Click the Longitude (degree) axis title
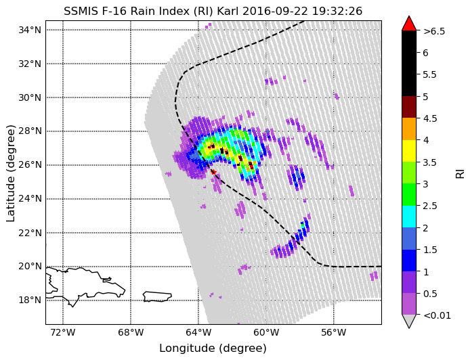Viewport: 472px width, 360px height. [213, 348]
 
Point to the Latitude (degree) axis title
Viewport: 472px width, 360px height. [11, 172]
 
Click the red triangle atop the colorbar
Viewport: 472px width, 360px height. [409, 24]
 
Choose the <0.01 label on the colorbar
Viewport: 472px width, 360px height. [437, 315]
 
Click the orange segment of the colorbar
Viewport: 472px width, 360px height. [409, 129]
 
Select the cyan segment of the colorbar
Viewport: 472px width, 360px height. [409, 217]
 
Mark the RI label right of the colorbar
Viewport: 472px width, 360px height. [460, 173]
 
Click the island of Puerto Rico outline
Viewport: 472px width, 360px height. [157, 297]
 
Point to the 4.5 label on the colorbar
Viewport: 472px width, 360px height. [430, 118]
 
